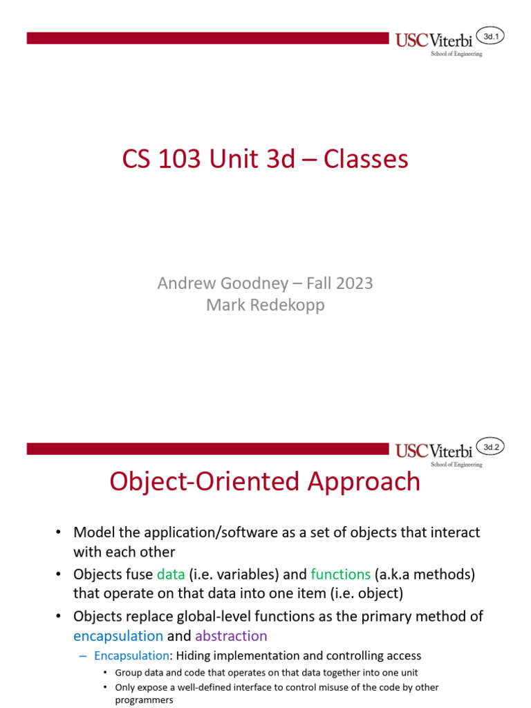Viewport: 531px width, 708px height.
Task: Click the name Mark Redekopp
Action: pyautogui.click(x=265, y=305)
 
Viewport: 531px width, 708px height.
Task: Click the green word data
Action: pyautogui.click(x=171, y=575)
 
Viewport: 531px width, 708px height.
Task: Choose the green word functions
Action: pyautogui.click(x=340, y=575)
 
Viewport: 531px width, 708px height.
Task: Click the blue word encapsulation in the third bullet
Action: pyautogui.click(x=118, y=636)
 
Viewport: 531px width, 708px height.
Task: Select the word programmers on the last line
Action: pyautogui.click(x=144, y=700)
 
